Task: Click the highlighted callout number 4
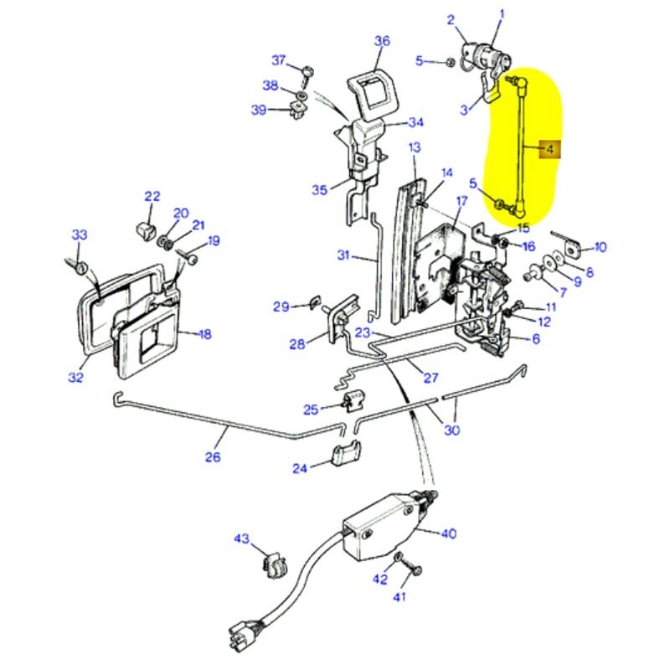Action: (x=549, y=150)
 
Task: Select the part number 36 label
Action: (x=382, y=40)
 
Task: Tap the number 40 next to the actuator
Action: (x=449, y=533)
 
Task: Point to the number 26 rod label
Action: (x=213, y=457)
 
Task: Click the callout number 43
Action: (x=241, y=539)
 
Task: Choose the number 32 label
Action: (x=76, y=377)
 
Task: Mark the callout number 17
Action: (x=461, y=201)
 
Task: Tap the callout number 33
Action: (x=79, y=235)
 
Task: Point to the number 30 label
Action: (x=452, y=430)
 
